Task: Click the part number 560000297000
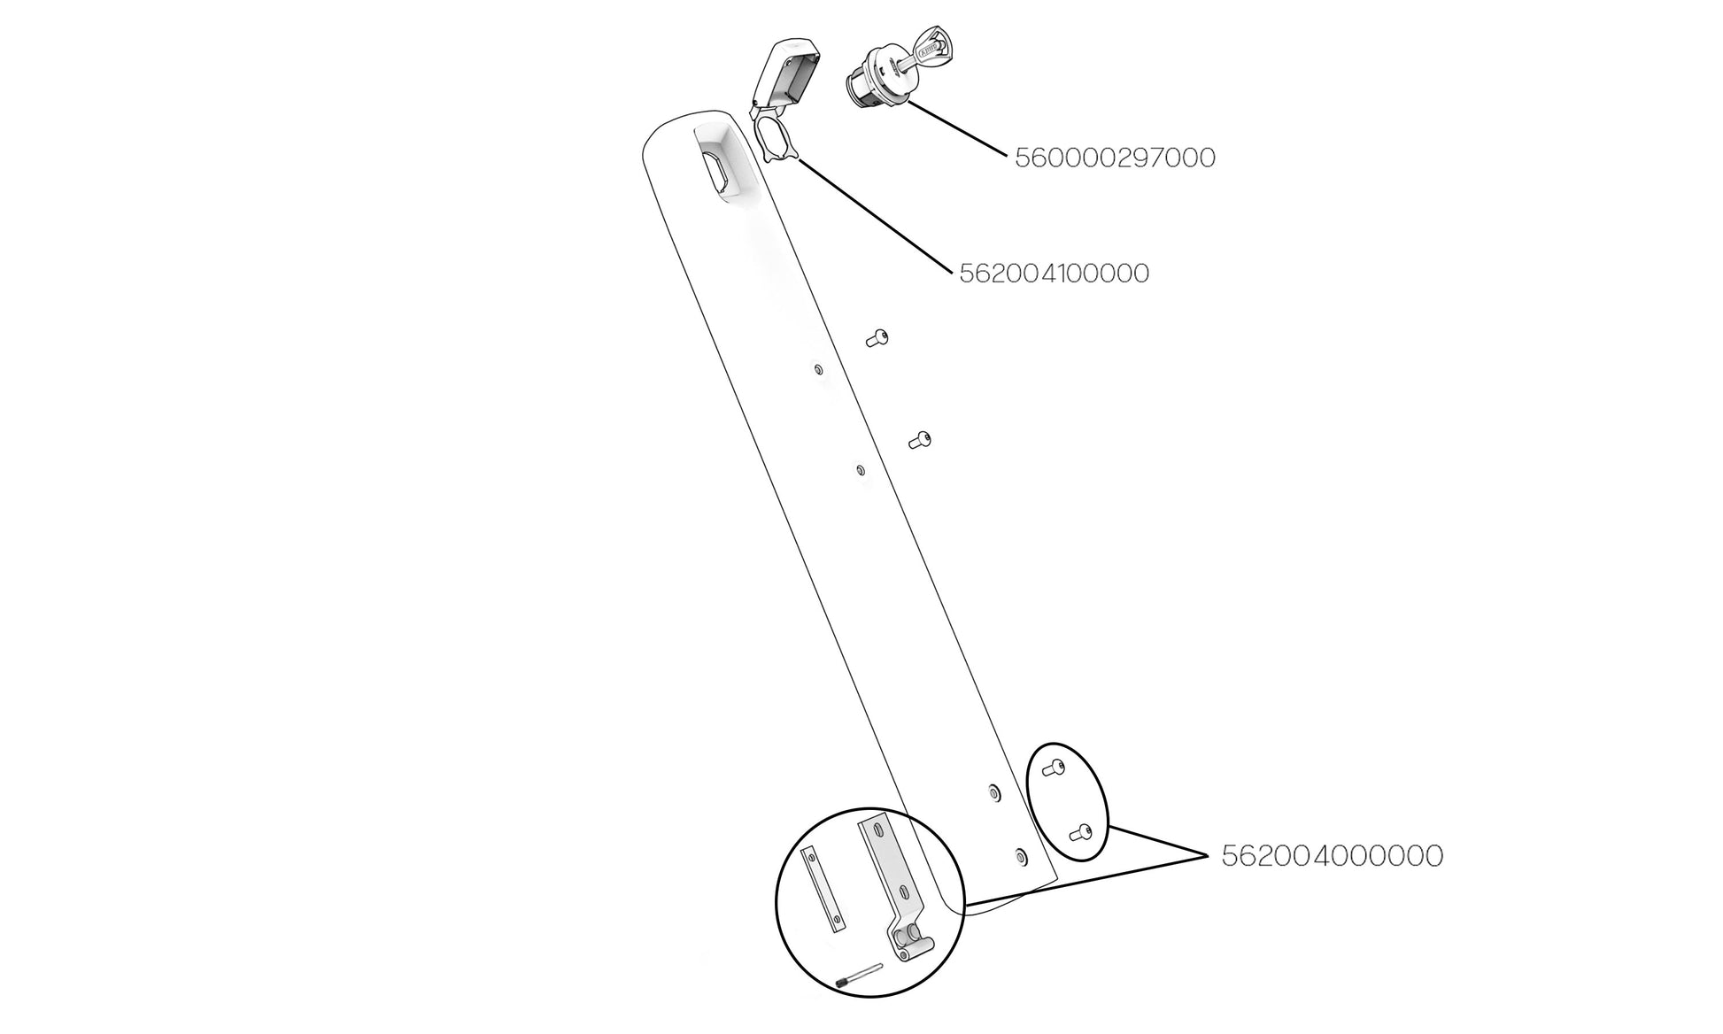1115,158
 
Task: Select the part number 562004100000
1055,274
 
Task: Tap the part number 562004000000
1333,856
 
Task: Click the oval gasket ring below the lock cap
776,142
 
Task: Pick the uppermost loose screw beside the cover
877,338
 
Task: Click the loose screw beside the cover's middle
921,440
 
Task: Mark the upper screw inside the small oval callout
1052,768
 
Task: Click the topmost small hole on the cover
818,369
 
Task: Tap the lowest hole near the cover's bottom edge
1021,856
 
